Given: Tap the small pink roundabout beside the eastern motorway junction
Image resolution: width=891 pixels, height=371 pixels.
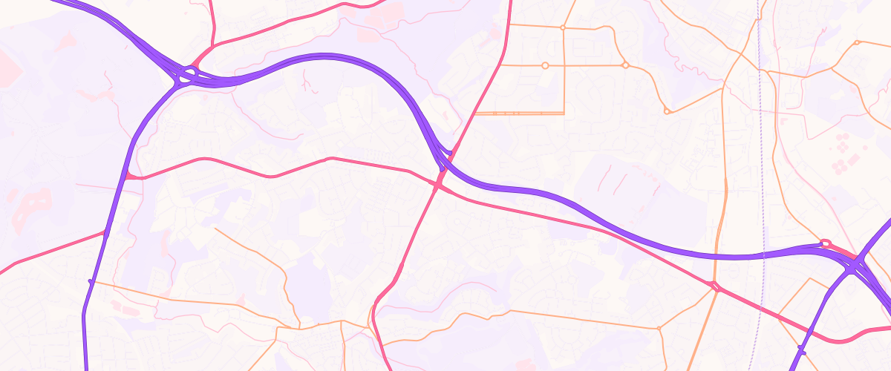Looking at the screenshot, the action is coord(823,242).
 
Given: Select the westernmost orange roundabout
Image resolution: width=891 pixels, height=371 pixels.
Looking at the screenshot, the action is coord(545,65).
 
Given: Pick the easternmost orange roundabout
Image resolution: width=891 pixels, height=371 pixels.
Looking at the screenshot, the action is coord(856,43).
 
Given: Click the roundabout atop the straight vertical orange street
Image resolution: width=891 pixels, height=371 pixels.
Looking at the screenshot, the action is coord(563,27).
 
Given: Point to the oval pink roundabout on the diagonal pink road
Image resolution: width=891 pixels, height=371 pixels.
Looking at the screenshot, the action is coord(715,286).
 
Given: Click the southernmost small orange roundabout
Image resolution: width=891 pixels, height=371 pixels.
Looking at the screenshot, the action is coord(658,328).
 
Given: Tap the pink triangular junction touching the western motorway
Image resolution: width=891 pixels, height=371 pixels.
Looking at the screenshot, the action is coord(131,176).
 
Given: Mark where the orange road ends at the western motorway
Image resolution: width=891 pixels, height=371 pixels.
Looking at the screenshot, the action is coord(91,281).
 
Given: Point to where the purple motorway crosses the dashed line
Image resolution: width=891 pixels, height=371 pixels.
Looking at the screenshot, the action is coord(763,256).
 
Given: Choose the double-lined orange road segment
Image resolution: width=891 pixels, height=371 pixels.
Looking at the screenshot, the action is coord(520,114).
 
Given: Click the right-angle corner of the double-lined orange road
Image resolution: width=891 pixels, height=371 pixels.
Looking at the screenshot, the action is coord(564,113).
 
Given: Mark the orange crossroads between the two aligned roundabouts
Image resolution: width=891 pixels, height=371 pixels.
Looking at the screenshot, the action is coord(563,65).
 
